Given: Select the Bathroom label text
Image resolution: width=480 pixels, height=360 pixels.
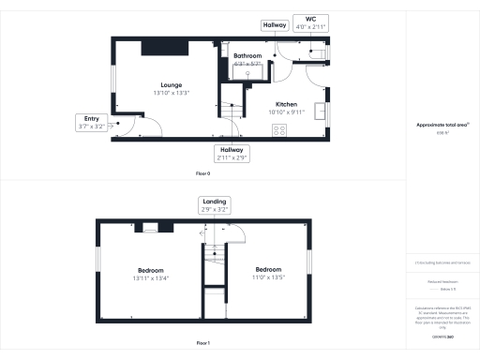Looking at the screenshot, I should point(247,55).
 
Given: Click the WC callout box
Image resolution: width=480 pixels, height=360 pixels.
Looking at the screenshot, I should point(308,22).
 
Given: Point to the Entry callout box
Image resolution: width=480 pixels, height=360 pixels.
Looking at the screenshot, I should point(91,121).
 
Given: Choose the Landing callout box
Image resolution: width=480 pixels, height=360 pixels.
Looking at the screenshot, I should point(213,206).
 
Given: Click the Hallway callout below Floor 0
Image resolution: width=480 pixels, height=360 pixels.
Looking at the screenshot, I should point(231,153).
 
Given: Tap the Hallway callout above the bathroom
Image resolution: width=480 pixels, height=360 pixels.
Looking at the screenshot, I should point(275,25).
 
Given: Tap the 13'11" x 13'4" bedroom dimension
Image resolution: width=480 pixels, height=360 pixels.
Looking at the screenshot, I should point(151,277).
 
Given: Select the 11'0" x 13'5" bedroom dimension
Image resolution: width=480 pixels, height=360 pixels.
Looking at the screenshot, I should point(268,277).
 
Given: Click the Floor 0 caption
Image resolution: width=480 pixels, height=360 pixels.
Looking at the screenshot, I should point(202,174).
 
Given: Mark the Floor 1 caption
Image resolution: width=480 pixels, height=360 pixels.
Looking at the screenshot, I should point(202,344).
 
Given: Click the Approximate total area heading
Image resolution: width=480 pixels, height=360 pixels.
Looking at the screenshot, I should point(440,125).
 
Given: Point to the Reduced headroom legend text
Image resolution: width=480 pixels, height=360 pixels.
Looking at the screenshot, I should point(440,280).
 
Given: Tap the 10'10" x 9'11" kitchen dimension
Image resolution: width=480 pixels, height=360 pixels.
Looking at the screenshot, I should point(286,112).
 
